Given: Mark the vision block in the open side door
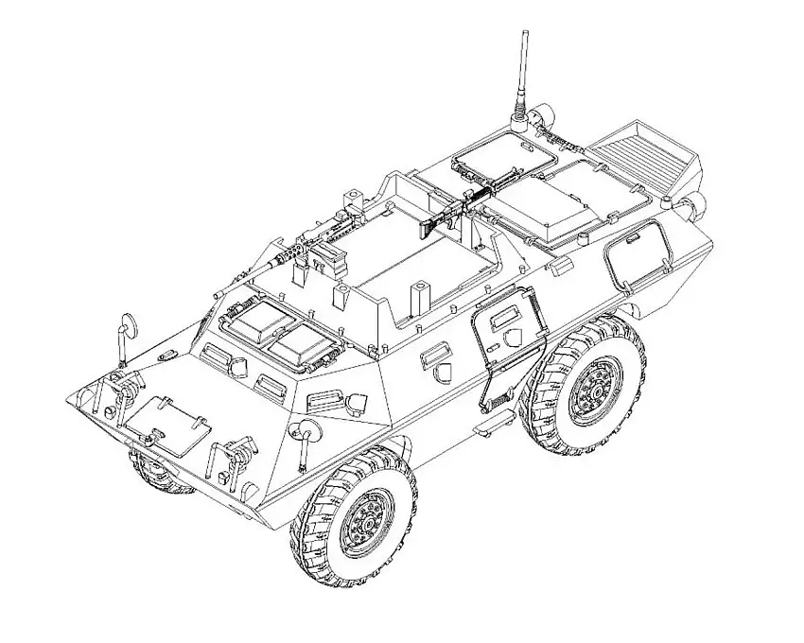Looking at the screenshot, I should [x=500, y=321].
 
